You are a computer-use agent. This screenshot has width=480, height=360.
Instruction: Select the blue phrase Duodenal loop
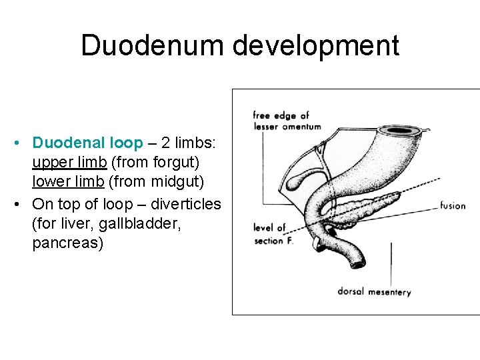click(x=87, y=143)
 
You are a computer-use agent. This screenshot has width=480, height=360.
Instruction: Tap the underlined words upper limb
click(x=69, y=162)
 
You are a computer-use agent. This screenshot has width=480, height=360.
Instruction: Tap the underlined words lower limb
click(x=69, y=182)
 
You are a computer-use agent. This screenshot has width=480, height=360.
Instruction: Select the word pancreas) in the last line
click(x=68, y=243)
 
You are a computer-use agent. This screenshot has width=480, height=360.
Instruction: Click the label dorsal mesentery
click(x=374, y=291)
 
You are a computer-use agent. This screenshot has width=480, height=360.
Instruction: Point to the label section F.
click(x=273, y=241)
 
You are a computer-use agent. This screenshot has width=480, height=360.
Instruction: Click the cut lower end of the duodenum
click(x=359, y=265)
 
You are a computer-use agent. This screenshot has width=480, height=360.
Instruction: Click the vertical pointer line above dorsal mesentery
click(x=391, y=263)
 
